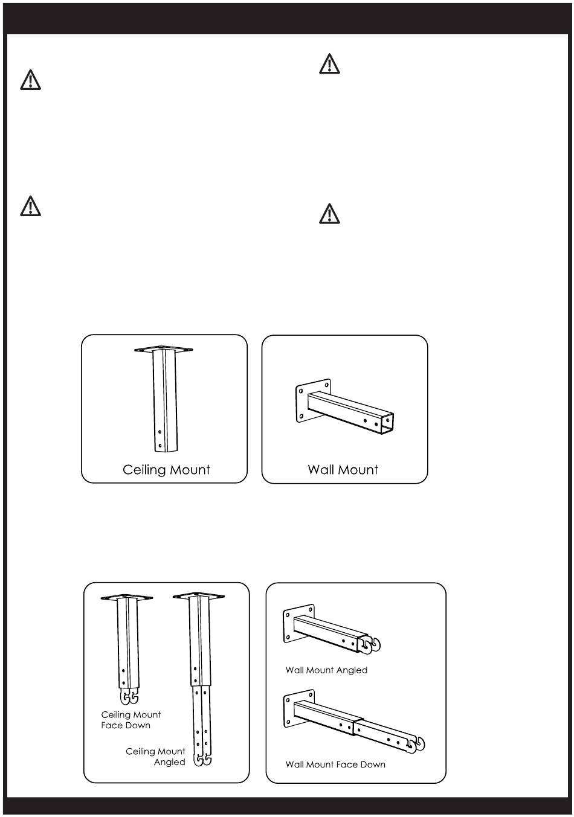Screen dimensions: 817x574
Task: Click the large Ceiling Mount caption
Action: click(166, 470)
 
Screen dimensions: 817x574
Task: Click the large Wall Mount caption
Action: click(343, 470)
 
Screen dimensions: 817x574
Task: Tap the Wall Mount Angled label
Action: click(326, 670)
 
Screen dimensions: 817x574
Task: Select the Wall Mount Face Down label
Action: click(335, 764)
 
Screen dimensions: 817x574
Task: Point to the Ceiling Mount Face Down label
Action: click(131, 720)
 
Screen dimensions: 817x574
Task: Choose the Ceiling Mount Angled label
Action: click(156, 757)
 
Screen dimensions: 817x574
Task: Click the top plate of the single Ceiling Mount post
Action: click(164, 349)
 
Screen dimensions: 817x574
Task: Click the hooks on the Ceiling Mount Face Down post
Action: click(130, 697)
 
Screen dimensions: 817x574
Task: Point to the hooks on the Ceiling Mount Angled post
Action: click(202, 760)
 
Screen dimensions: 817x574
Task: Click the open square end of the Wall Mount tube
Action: click(387, 423)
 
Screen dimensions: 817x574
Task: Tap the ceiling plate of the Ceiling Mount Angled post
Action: click(199, 597)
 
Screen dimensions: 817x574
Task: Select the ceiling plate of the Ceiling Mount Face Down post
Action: click(127, 597)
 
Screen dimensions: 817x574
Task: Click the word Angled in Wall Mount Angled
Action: click(353, 670)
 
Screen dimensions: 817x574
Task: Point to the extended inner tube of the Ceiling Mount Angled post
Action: click(201, 719)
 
